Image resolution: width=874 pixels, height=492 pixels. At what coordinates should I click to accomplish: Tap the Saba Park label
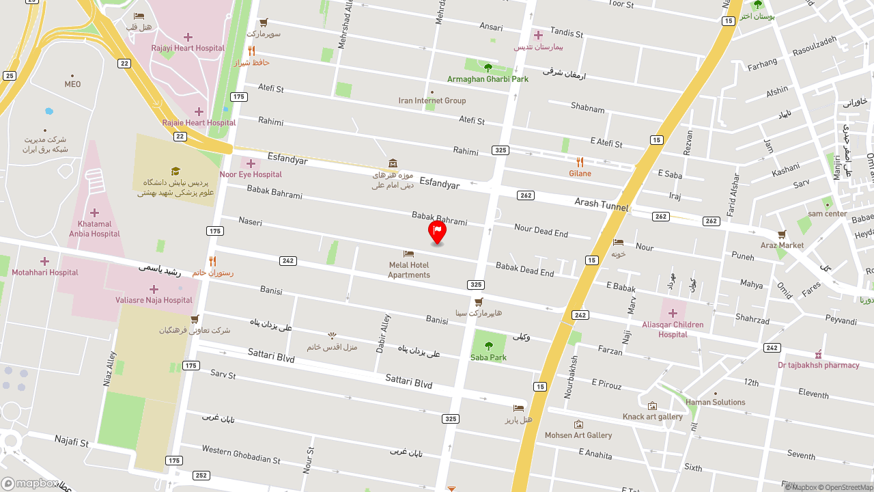click(x=488, y=357)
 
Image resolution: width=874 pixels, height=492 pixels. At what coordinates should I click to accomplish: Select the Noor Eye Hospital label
click(x=251, y=174)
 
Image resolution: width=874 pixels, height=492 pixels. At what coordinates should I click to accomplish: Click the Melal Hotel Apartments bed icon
click(x=409, y=254)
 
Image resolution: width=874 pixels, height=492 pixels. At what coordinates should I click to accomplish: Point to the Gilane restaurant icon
click(x=580, y=162)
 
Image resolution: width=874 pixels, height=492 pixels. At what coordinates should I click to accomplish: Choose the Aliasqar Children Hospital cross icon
click(x=673, y=313)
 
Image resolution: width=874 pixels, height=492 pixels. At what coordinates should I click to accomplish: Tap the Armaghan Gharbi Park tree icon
click(x=488, y=68)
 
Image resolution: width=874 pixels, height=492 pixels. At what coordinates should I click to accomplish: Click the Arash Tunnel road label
click(x=601, y=204)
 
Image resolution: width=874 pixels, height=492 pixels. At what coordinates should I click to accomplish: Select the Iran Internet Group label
click(x=432, y=100)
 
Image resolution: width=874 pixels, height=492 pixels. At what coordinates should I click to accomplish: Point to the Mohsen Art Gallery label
click(x=578, y=435)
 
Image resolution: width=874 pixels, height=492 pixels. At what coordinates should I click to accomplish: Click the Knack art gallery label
click(x=653, y=417)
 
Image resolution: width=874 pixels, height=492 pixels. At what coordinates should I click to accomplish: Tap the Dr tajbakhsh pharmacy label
click(x=818, y=365)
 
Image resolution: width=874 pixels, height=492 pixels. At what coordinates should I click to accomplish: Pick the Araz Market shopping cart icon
click(x=782, y=234)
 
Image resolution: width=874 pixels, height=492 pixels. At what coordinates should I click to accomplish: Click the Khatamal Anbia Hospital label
click(x=94, y=229)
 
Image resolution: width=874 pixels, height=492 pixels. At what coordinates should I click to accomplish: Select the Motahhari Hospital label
click(x=45, y=273)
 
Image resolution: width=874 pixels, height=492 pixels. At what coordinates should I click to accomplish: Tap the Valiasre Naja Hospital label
click(x=154, y=300)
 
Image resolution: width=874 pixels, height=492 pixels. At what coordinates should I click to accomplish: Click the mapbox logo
click(x=30, y=484)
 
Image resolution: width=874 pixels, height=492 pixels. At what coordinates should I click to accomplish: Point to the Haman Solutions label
click(x=716, y=402)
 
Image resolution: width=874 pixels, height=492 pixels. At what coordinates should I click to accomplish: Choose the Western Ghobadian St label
click(x=241, y=455)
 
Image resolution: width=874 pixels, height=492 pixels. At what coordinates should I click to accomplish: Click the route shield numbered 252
click(x=201, y=476)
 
